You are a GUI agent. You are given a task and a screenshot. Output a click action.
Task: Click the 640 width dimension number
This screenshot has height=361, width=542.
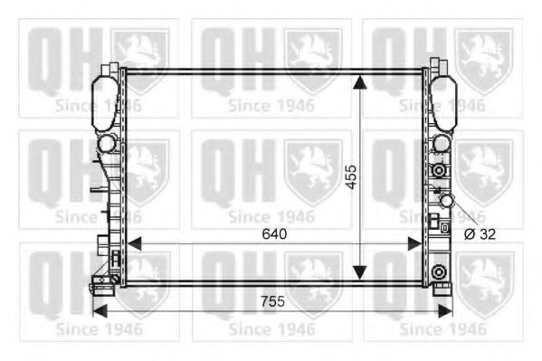(x=272, y=233)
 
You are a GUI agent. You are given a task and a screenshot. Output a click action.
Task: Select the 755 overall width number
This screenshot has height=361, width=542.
(x=272, y=300)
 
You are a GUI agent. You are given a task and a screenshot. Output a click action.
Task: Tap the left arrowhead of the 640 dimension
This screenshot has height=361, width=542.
(x=134, y=243)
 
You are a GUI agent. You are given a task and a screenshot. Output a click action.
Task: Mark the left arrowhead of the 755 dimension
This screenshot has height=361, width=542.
(x=100, y=310)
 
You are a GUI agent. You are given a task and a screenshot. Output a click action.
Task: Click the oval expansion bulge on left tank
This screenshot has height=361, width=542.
(x=106, y=100)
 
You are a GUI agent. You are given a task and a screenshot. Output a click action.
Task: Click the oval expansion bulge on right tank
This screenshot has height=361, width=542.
(x=442, y=100)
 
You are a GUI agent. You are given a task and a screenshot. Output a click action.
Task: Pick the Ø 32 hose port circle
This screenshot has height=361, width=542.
(x=445, y=201)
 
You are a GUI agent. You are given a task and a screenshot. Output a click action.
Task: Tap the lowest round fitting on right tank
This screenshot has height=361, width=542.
(x=439, y=272)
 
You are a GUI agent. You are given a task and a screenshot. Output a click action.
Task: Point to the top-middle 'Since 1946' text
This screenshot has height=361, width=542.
(x=271, y=105)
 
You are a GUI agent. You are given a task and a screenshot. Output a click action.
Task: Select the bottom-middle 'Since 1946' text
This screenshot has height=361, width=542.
(x=271, y=329)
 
